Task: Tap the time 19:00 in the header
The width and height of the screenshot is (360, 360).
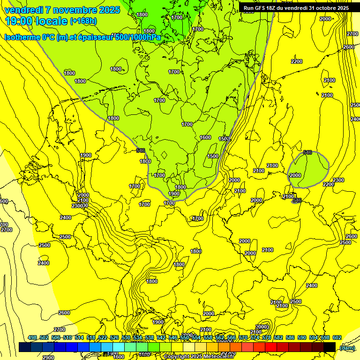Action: (18, 21)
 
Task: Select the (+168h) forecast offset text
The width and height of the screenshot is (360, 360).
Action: (83, 21)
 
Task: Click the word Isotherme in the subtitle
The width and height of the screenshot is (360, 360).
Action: (22, 37)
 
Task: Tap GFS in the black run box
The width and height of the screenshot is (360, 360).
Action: (262, 8)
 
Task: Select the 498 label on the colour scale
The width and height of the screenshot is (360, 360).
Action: (32, 337)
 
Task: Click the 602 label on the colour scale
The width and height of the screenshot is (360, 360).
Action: (337, 337)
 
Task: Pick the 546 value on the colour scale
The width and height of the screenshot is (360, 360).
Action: (173, 337)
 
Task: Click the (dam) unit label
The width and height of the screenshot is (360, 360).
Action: (347, 348)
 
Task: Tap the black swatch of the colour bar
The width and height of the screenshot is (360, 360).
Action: (329, 347)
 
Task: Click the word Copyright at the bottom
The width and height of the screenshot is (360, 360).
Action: (177, 357)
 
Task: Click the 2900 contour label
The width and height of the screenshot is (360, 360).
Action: (48, 357)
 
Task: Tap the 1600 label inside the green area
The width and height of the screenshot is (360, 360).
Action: (205, 137)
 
